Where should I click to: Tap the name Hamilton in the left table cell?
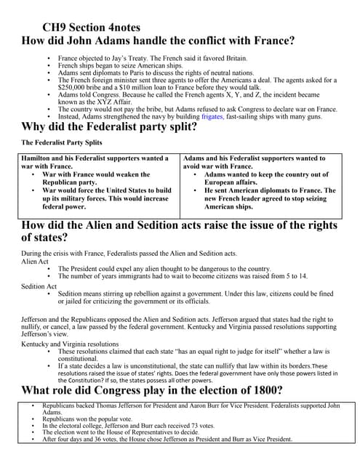tap(41, 158)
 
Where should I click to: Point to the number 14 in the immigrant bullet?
tap(301, 276)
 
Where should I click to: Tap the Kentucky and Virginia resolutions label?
tap(70, 344)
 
